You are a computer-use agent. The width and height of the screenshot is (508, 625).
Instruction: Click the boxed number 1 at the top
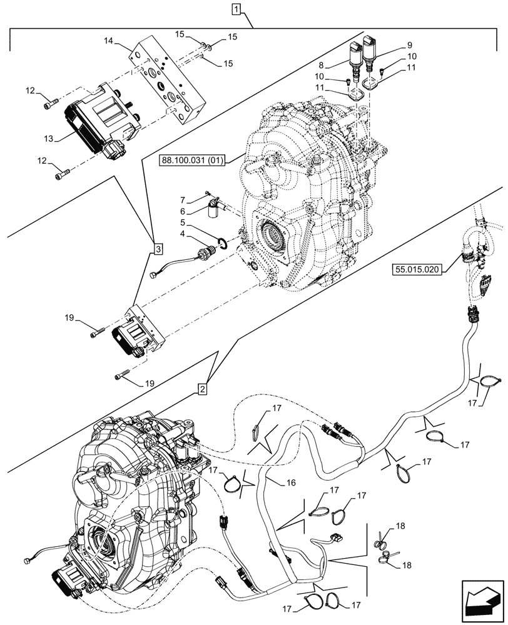(x=235, y=9)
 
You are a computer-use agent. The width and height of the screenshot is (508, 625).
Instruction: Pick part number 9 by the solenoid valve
(x=410, y=45)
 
